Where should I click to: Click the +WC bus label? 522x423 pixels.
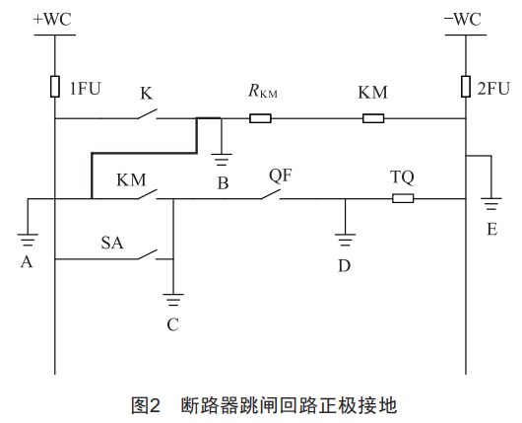pyautogui.click(x=52, y=19)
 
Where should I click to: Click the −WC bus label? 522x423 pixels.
pyautogui.click(x=462, y=19)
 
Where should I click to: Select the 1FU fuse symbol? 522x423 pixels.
pyautogui.click(x=55, y=87)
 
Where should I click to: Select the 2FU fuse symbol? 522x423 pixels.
pyautogui.click(x=466, y=87)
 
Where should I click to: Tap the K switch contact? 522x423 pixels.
pyautogui.click(x=148, y=114)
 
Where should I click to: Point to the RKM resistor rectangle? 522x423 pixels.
pyautogui.click(x=260, y=118)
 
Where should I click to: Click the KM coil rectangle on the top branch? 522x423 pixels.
pyautogui.click(x=373, y=118)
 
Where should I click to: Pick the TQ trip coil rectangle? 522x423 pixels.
pyautogui.click(x=403, y=198)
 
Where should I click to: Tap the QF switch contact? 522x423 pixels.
pyautogui.click(x=271, y=194)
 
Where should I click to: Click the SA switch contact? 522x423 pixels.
pyautogui.click(x=148, y=254)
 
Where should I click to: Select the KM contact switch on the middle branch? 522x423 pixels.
pyautogui.click(x=148, y=194)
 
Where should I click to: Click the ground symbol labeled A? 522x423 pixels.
pyautogui.click(x=28, y=240)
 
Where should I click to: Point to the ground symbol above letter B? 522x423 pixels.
pyautogui.click(x=222, y=160)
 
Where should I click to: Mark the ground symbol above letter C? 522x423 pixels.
pyautogui.click(x=173, y=300)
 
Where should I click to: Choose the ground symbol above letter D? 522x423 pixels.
pyautogui.click(x=346, y=240)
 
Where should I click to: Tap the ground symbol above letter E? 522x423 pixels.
pyautogui.click(x=491, y=204)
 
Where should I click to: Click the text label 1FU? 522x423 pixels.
pyautogui.click(x=85, y=89)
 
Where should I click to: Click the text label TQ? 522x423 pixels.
pyautogui.click(x=402, y=177)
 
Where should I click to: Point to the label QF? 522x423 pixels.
pyautogui.click(x=281, y=176)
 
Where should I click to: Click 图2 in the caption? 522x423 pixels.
pyautogui.click(x=146, y=405)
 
